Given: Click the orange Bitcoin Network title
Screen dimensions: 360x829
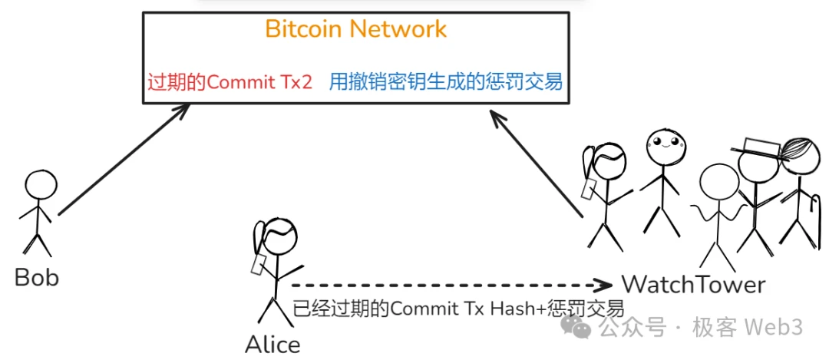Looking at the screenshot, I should tap(355, 29).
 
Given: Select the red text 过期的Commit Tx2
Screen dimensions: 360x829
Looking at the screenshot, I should tap(230, 81).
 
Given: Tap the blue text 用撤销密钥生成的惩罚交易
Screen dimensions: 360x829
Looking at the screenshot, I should tap(445, 81).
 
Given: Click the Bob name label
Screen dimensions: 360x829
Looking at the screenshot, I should tap(37, 277).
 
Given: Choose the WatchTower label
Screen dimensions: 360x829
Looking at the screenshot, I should tap(693, 285).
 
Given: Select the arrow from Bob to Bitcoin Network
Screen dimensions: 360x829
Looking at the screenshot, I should tap(123, 160).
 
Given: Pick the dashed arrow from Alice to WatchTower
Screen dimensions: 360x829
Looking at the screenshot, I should tap(453, 284).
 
